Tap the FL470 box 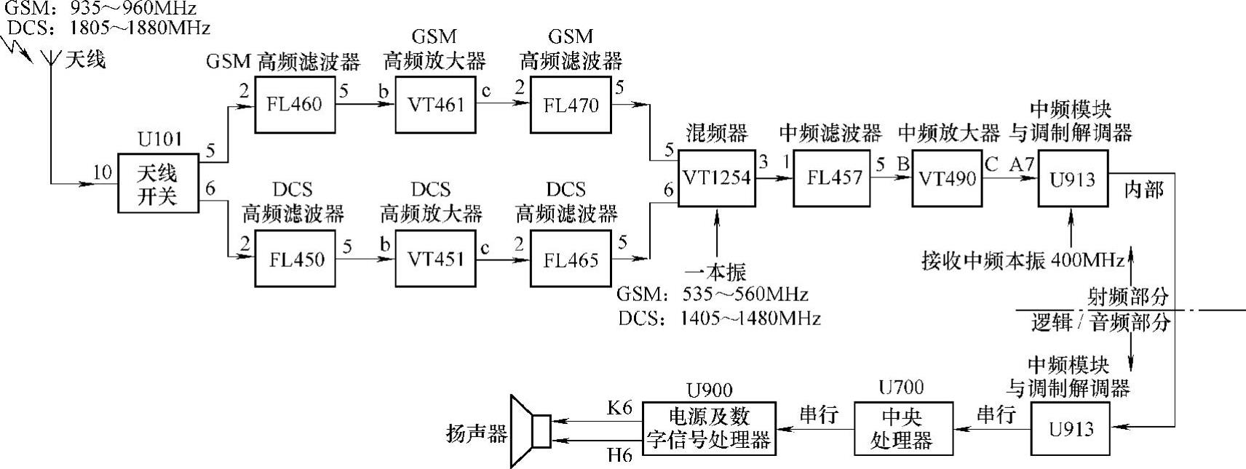pos(571,105)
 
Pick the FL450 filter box pos(295,260)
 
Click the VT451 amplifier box pos(435,260)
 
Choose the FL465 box pos(571,260)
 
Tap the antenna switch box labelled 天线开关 pos(158,183)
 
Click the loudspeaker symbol pos(531,430)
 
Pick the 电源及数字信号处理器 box pos(708,428)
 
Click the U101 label pos(159,139)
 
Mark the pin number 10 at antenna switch pos(103,172)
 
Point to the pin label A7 pos(1022,164)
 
